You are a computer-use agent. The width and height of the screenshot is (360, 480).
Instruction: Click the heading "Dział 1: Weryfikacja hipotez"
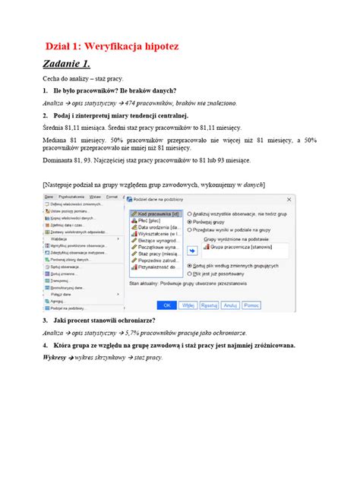pos(113,47)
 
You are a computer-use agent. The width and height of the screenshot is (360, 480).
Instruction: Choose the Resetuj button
pos(208,305)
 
